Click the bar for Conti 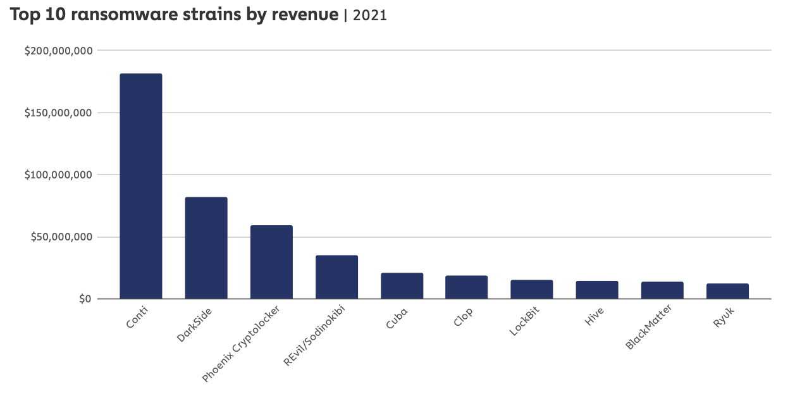[x=140, y=186]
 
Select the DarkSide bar [x=206, y=248]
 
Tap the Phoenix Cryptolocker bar [x=271, y=262]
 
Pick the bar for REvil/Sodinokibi [x=336, y=277]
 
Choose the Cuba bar [x=402, y=286]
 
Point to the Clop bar [x=466, y=287]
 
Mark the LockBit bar [x=531, y=289]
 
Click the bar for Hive [x=596, y=290]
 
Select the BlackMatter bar [x=662, y=290]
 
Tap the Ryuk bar [x=727, y=291]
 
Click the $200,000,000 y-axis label [x=58, y=51]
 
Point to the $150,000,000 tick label [x=58, y=113]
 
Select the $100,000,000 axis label [x=58, y=175]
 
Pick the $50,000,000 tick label [x=61, y=237]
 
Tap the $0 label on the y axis [x=85, y=299]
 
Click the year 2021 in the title [x=369, y=16]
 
